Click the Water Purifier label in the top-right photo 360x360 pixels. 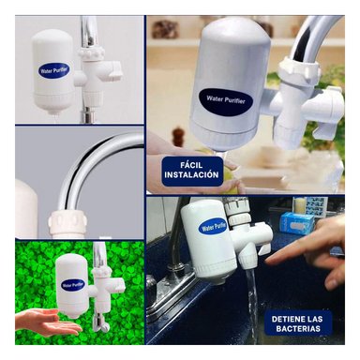coord(224,99)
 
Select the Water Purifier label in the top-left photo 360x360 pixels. coord(53,69)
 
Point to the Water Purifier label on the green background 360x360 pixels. coord(72,284)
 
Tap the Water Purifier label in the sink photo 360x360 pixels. coord(213,227)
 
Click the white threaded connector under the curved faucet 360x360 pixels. coord(67,222)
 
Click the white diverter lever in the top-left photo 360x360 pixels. coord(108,68)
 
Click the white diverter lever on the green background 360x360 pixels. coord(114,284)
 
